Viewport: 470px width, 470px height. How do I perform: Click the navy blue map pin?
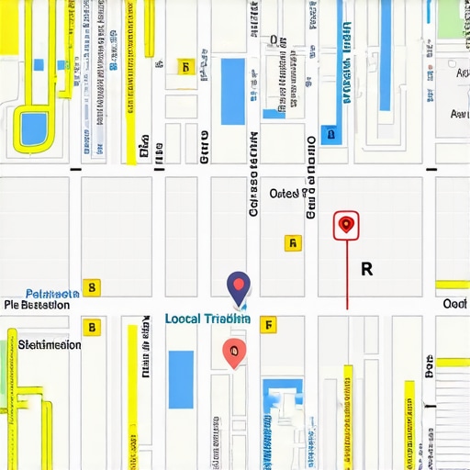click(x=239, y=286)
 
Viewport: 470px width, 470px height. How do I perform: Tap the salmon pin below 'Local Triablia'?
click(x=234, y=351)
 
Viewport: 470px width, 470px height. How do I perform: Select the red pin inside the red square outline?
click(x=346, y=224)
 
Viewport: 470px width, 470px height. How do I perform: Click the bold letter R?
click(x=367, y=269)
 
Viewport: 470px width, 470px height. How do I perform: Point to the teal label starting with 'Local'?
click(x=207, y=319)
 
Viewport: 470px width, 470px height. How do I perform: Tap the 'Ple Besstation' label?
click(x=38, y=305)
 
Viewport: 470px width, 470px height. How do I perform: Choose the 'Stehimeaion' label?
click(x=50, y=345)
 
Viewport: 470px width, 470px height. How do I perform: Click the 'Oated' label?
click(x=288, y=194)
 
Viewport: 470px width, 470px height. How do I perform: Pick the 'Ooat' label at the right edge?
click(x=455, y=304)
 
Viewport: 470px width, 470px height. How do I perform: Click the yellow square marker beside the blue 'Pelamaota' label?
click(x=91, y=288)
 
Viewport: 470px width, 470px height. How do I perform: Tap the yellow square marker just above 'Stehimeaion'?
click(x=91, y=327)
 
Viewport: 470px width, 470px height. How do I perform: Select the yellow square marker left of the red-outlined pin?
click(x=292, y=243)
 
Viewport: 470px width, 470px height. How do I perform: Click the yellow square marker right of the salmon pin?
click(x=268, y=324)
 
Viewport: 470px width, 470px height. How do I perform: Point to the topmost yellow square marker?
click(x=185, y=67)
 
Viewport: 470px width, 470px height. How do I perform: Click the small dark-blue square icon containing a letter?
click(x=330, y=135)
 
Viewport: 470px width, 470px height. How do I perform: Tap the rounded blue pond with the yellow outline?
click(x=35, y=128)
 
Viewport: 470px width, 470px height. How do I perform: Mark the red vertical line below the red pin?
click(x=347, y=275)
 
